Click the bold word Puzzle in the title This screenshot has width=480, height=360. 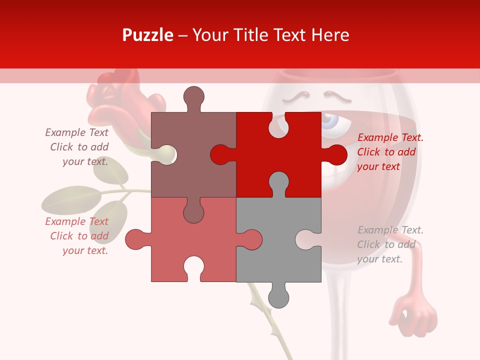148,35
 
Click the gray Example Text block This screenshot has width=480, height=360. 390,244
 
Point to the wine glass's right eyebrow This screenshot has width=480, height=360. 333,93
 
